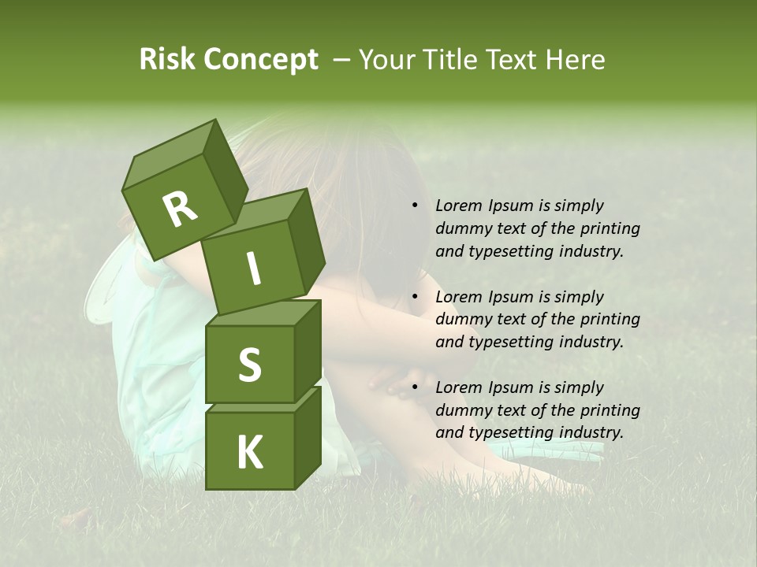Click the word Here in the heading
click(x=578, y=60)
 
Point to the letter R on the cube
click(x=180, y=209)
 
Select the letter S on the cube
click(x=249, y=364)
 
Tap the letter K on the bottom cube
click(x=249, y=452)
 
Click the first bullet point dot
click(x=415, y=206)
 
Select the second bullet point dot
click(x=415, y=297)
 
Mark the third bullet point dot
click(x=415, y=387)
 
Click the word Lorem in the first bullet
click(x=458, y=206)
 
